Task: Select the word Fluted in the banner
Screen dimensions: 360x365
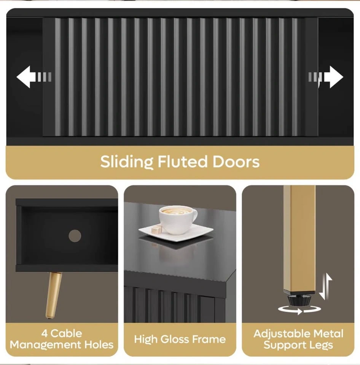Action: tap(182, 161)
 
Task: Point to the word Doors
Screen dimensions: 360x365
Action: tap(236, 162)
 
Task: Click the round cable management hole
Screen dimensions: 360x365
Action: tap(75, 236)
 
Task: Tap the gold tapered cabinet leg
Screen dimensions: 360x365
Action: tap(53, 295)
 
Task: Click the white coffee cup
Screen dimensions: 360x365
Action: tap(178, 219)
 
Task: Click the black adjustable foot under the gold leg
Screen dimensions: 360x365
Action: tap(299, 299)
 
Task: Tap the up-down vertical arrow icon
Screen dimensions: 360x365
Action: tap(325, 286)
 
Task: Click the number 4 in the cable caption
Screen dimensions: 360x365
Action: tap(45, 333)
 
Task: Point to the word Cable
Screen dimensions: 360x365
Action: tap(66, 333)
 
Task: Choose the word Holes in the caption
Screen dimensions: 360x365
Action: tap(99, 344)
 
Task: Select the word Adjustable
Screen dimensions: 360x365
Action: tap(282, 334)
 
